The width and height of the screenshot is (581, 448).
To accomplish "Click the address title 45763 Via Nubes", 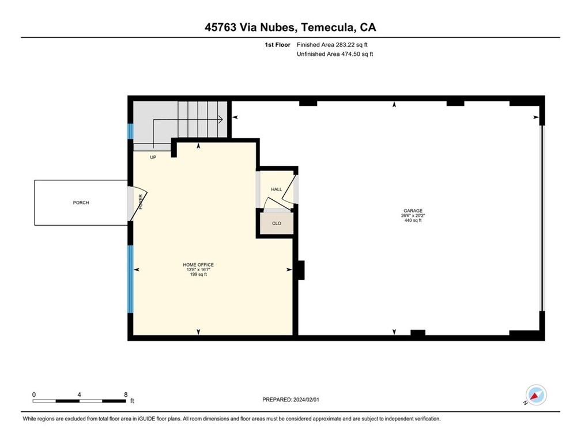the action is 250,28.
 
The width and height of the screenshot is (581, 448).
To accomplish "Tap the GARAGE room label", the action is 413,211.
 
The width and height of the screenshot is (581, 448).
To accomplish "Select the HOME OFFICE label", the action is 198,265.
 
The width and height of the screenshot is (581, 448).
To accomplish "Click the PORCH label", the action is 81,203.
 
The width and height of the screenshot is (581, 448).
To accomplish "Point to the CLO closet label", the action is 277,223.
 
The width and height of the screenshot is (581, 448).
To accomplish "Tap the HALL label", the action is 277,189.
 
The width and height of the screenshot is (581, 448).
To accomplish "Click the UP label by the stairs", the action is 153,157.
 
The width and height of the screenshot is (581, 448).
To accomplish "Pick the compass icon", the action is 536,394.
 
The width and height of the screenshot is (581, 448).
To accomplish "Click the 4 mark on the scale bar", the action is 80,394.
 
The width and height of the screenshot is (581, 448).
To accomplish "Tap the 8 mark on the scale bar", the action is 126,394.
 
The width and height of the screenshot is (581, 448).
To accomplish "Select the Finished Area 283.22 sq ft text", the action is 332,45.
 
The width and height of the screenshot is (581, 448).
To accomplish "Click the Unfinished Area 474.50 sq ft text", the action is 334,54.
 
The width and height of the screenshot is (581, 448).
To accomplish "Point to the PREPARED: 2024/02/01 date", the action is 290,400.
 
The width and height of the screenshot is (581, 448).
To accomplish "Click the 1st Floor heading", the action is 277,45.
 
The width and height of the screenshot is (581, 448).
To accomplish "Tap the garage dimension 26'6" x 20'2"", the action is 413,215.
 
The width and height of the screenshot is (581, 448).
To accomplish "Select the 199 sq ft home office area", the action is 198,274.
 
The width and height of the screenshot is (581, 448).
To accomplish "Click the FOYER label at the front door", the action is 141,202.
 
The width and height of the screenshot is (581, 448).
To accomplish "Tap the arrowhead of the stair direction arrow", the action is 221,120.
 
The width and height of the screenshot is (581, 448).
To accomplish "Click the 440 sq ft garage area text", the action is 413,221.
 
